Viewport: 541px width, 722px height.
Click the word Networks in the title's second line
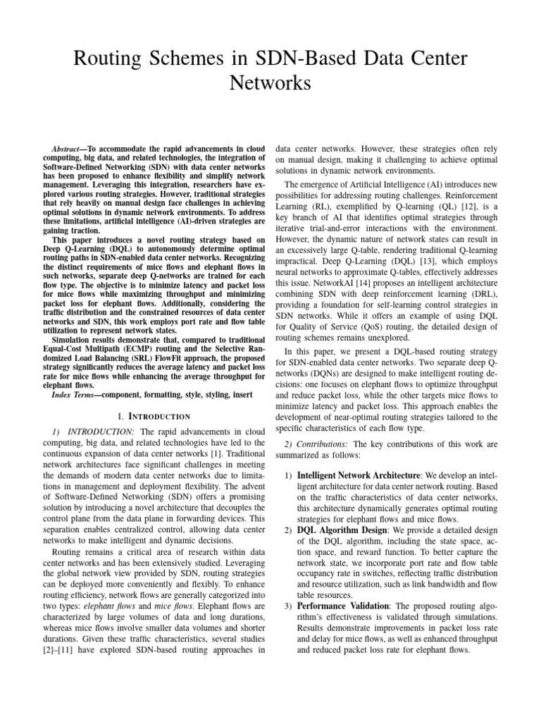point(270,83)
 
